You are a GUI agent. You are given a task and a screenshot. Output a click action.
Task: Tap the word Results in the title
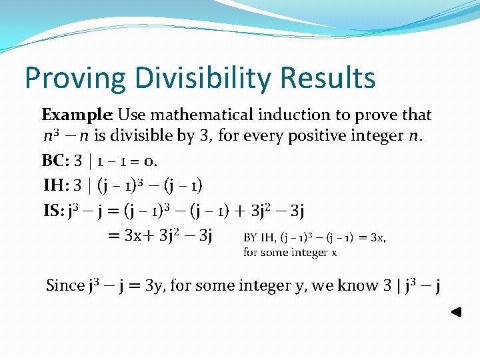pyautogui.click(x=328, y=78)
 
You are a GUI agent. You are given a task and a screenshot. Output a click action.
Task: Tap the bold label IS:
pyautogui.click(x=55, y=212)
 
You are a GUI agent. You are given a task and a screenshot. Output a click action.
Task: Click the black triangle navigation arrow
pyautogui.click(x=456, y=311)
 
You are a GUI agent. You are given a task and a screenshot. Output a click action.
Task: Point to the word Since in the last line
pyautogui.click(x=65, y=286)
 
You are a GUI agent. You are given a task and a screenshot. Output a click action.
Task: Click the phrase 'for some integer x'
pyautogui.click(x=290, y=252)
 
